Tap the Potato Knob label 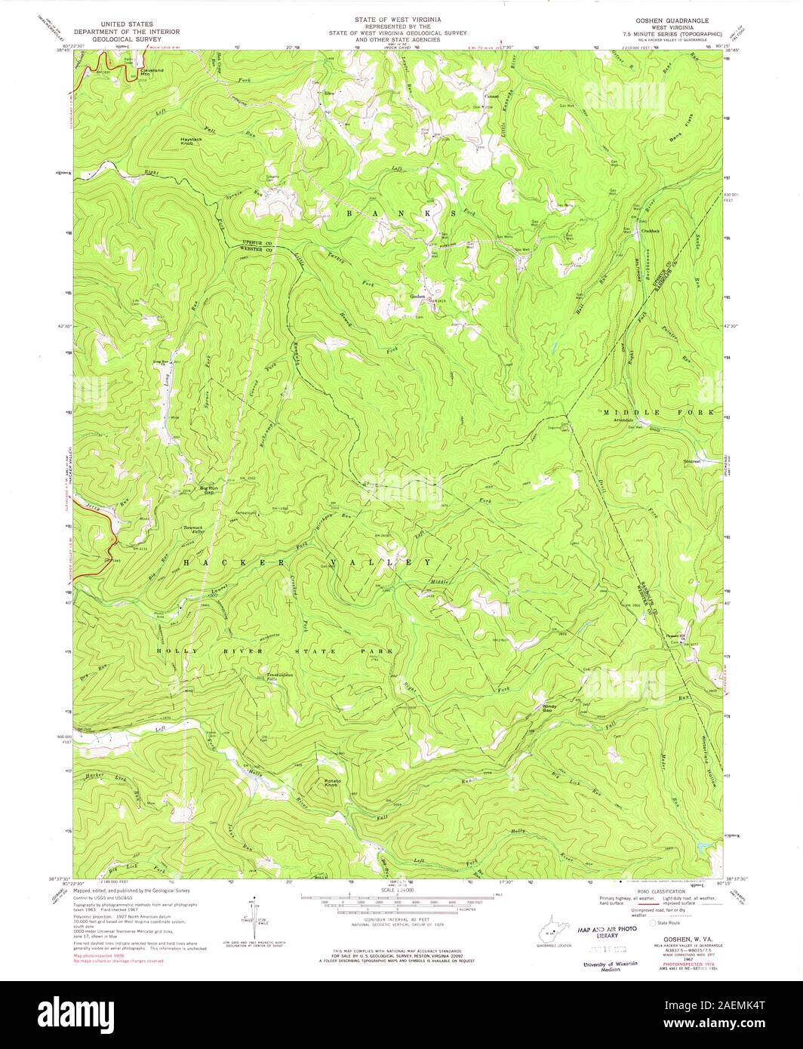[x=333, y=783]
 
